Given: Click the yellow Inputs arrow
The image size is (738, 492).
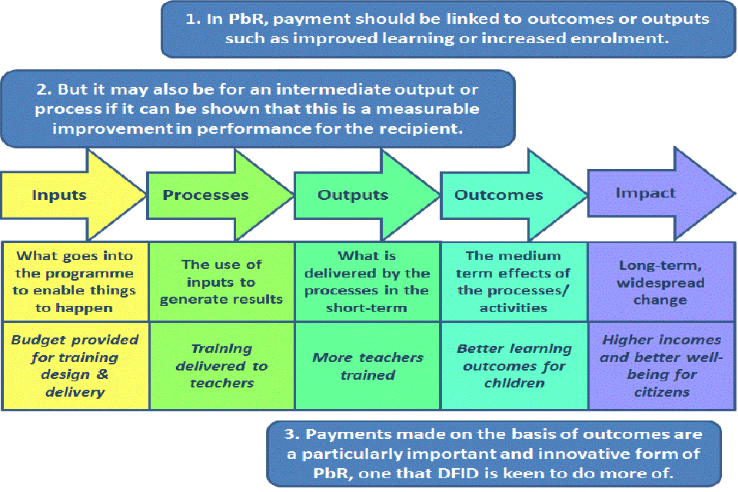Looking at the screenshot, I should click(x=59, y=195).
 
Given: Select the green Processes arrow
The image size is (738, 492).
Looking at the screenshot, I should click(x=205, y=195).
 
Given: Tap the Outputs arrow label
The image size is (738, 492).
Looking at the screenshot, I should click(x=353, y=195).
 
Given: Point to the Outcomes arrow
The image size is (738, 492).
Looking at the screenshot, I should click(x=499, y=195).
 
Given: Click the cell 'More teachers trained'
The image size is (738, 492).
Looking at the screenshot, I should click(x=367, y=367).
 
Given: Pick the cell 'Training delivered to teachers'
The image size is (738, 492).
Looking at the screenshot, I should click(x=221, y=365).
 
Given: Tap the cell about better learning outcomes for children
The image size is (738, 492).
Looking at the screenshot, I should click(x=514, y=366).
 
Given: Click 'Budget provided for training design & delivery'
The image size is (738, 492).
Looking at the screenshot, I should click(x=75, y=366).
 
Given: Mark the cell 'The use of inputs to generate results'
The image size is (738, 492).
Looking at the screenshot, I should click(x=221, y=281).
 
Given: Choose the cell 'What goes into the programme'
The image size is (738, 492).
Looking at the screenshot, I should click(x=75, y=281).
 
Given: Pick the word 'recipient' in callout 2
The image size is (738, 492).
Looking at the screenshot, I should click(x=424, y=128).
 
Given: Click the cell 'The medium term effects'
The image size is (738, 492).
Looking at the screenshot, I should click(x=514, y=281).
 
